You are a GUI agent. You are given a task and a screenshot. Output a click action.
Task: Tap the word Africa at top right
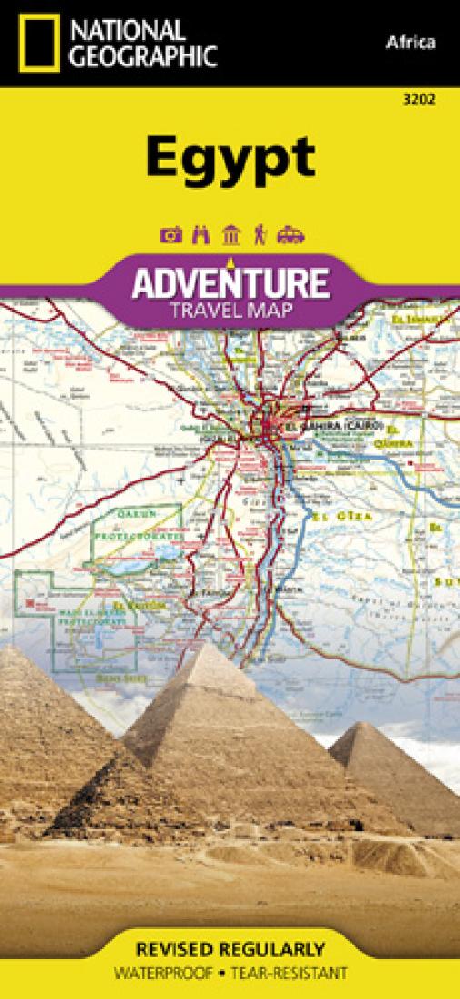click(x=410, y=42)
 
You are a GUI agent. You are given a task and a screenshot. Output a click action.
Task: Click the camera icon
click(x=170, y=235)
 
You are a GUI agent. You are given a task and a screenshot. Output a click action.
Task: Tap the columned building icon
click(x=231, y=235)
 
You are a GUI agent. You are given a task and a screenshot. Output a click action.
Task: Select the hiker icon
click(x=259, y=235)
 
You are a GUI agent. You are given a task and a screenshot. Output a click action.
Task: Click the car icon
click(x=289, y=235)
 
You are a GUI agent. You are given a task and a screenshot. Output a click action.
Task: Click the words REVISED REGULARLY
click(x=229, y=950)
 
